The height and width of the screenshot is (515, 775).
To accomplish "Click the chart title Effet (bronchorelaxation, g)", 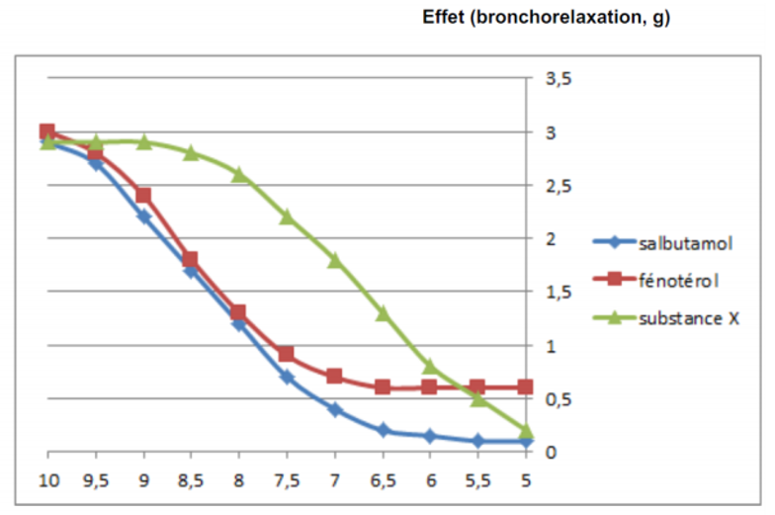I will coord(547,18).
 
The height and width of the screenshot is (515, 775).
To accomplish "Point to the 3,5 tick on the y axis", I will coord(559,79).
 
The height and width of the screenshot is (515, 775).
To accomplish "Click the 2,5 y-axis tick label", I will coord(559,186).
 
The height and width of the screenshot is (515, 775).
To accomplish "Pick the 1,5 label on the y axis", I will coord(559,293).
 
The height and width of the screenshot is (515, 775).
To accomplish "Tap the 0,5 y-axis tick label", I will coord(559,399).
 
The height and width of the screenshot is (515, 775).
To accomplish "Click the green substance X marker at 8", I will coord(238,174).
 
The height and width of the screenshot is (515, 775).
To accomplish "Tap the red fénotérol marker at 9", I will coord(143,196).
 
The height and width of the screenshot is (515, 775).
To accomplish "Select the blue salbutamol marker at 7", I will coord(334,409).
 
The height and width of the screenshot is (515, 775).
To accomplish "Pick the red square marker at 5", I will coord(526,387).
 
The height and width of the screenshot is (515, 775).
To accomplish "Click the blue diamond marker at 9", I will coord(143,216).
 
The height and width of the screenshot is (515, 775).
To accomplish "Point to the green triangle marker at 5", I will coord(526,431).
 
